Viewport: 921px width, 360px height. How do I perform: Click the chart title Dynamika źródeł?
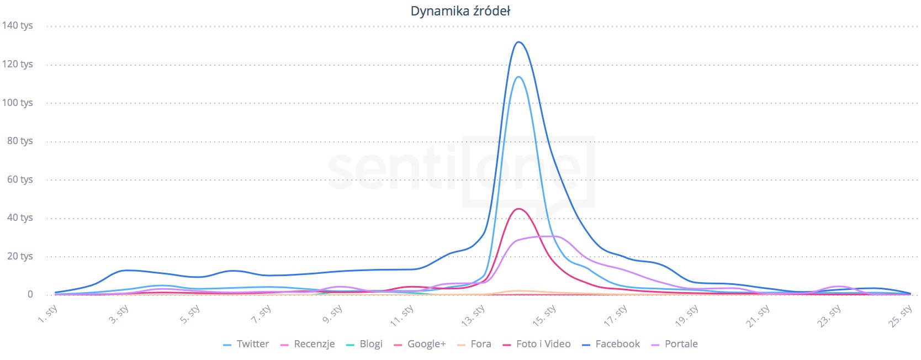coord(460,11)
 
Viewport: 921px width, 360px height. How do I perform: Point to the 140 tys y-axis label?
coord(18,25)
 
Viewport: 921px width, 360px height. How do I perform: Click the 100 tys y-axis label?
coord(18,103)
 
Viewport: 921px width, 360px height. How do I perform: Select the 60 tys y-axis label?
coord(20,179)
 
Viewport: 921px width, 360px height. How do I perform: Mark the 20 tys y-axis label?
coord(20,256)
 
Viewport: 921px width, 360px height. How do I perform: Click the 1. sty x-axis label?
coord(49,314)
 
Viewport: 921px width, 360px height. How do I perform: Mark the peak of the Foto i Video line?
coord(518,209)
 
